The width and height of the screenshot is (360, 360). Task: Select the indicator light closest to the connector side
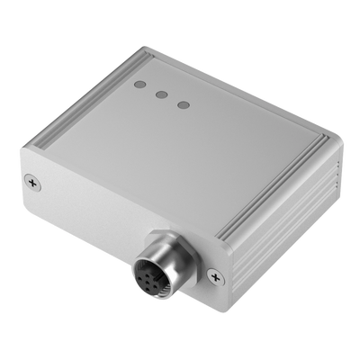pos(184,104)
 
